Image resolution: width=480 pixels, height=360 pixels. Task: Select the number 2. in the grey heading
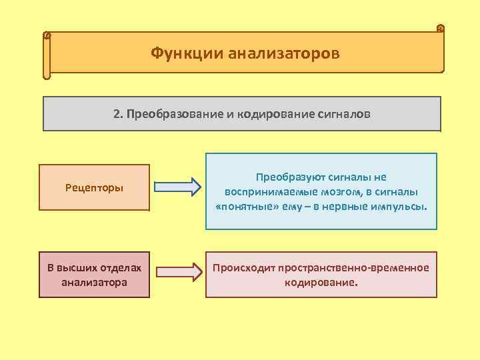click(118, 113)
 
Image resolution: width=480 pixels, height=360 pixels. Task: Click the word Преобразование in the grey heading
click(175, 113)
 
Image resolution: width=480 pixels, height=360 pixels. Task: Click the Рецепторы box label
click(94, 187)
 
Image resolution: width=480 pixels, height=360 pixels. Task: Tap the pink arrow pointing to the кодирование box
click(178, 271)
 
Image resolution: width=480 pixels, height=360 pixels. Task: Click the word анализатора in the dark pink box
click(94, 282)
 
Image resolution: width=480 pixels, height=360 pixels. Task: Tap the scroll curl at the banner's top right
click(440, 29)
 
